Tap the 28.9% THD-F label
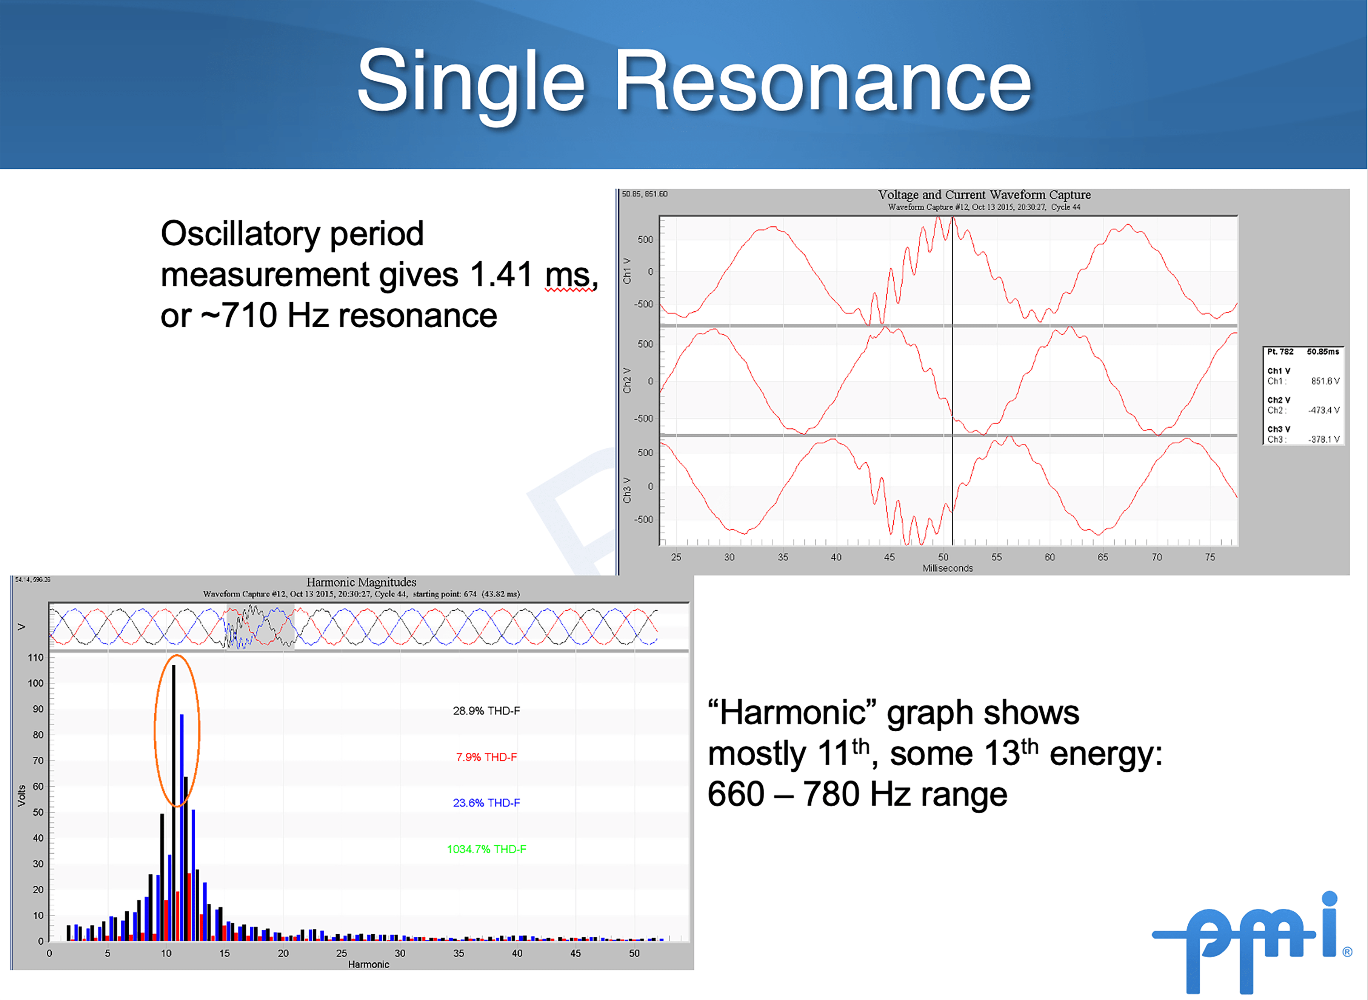(486, 711)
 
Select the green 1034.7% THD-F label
(486, 849)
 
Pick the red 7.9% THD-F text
(486, 757)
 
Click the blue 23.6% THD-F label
(486, 803)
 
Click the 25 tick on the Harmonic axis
(342, 953)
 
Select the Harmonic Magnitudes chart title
(362, 582)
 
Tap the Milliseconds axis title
(947, 568)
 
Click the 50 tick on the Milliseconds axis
(943, 557)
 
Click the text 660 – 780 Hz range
(857, 794)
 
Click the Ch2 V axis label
(627, 381)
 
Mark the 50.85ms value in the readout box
(1323, 352)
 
